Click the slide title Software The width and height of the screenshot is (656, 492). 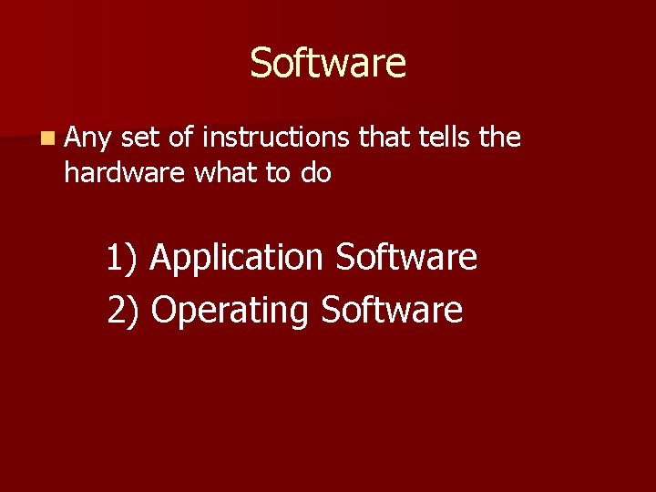tap(328, 64)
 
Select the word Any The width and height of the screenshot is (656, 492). tap(88, 138)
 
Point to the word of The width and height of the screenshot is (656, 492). tap(181, 138)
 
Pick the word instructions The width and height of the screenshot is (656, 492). tap(276, 138)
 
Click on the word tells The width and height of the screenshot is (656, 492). tap(442, 138)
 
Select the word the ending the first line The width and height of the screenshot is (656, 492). tap(500, 138)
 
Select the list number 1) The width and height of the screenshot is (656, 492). tap(121, 258)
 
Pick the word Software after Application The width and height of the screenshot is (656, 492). tap(406, 257)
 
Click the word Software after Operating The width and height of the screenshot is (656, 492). tap(392, 310)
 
